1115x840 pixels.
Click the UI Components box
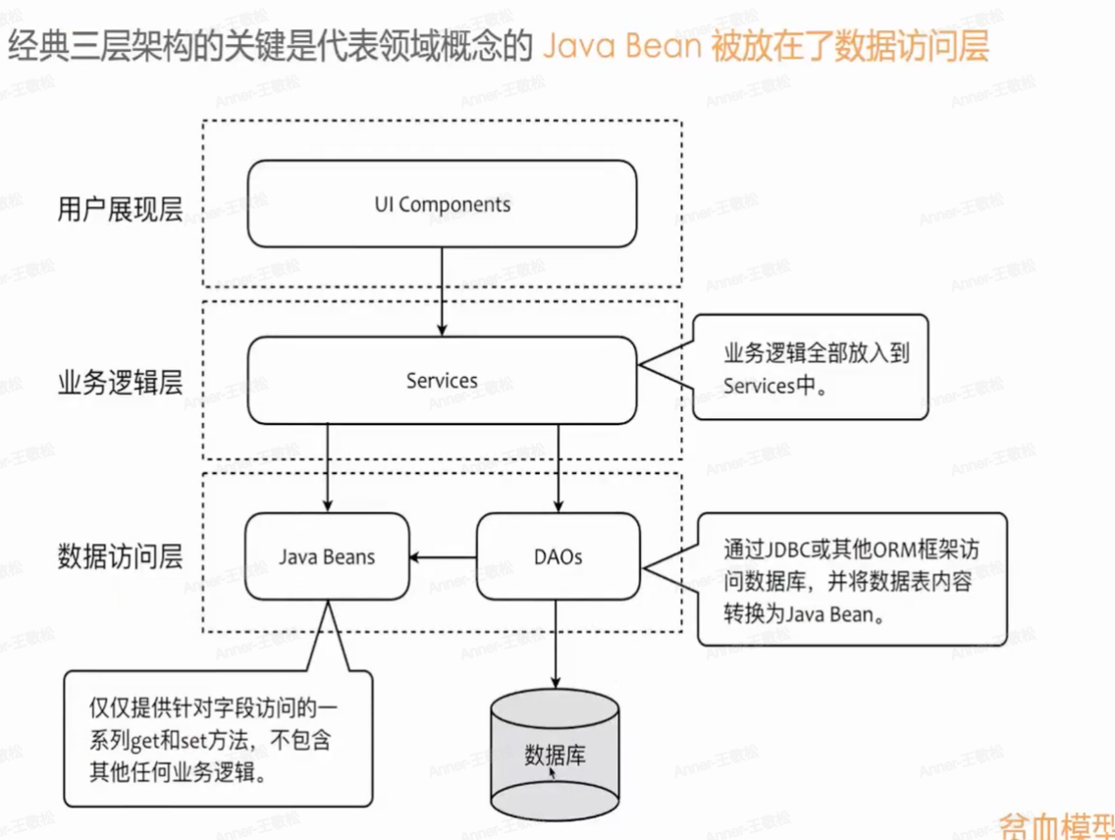pyautogui.click(x=442, y=204)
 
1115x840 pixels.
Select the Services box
pyautogui.click(x=442, y=380)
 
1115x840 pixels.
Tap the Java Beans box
pyautogui.click(x=327, y=556)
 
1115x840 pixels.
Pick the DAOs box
pyautogui.click(x=557, y=556)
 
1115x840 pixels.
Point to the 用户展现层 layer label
pyautogui.click(x=121, y=209)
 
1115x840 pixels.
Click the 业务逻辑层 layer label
pyautogui.click(x=121, y=383)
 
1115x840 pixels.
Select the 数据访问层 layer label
pyautogui.click(x=121, y=557)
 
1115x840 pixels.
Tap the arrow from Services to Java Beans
pyautogui.click(x=327, y=467)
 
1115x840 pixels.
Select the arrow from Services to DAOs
pyautogui.click(x=557, y=467)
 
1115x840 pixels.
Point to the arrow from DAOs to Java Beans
pyautogui.click(x=443, y=557)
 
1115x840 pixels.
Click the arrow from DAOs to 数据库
pyautogui.click(x=557, y=643)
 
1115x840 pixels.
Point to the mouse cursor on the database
pyautogui.click(x=553, y=772)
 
